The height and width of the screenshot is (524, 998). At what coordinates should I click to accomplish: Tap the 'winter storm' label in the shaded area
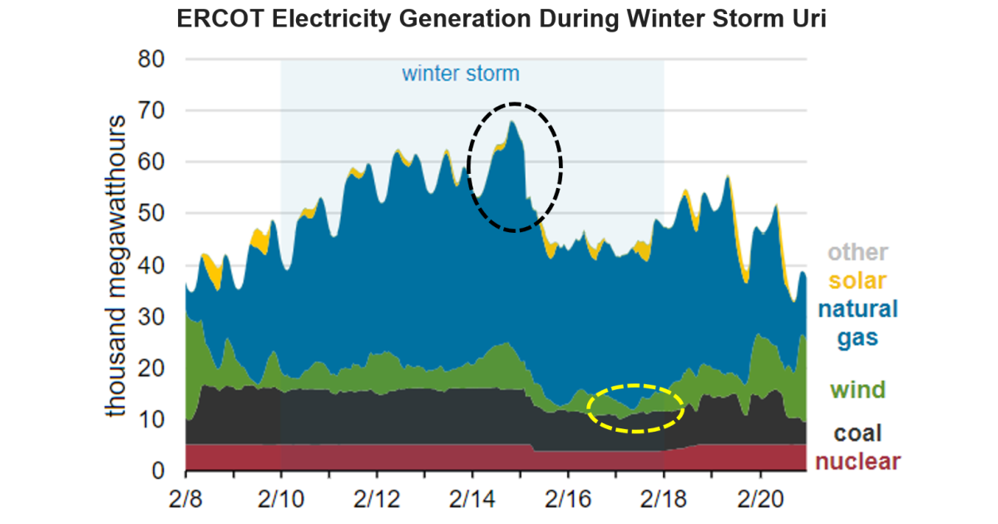[460, 73]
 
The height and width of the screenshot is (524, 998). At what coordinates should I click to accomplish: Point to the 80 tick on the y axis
[152, 59]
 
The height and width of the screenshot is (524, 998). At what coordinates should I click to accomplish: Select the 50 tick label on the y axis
[152, 214]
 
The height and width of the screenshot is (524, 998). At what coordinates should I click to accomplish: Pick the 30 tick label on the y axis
[152, 317]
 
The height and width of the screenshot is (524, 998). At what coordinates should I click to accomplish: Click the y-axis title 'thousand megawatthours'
[116, 266]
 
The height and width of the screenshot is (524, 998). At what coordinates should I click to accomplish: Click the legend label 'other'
[857, 252]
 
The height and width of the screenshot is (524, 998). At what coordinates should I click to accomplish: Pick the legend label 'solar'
[857, 280]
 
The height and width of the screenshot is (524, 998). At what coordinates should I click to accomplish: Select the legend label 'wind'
[857, 389]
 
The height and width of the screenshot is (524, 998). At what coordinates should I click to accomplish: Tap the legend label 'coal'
[857, 433]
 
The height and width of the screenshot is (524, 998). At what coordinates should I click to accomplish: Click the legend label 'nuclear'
[857, 462]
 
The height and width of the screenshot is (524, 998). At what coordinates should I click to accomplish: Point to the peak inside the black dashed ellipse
[512, 122]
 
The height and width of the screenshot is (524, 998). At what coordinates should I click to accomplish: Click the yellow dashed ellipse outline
[635, 386]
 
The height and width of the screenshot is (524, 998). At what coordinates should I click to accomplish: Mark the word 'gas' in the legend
[857, 338]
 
